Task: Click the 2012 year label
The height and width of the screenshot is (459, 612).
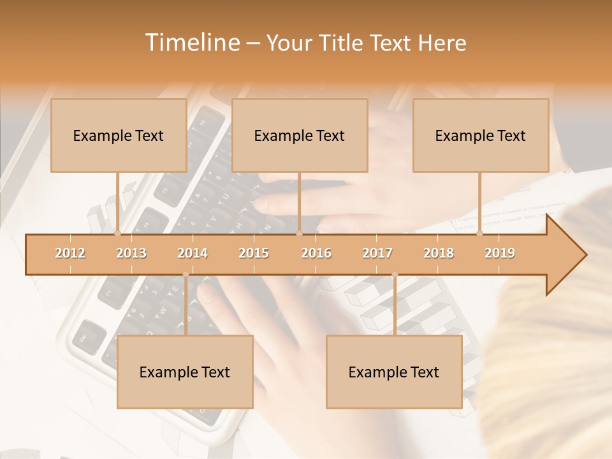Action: [x=70, y=253]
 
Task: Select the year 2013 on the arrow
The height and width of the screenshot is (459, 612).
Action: [x=131, y=253]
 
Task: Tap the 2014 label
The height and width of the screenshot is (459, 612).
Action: [x=193, y=253]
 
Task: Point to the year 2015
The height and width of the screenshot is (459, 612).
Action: [x=254, y=253]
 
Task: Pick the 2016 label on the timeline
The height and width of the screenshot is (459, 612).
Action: [x=316, y=253]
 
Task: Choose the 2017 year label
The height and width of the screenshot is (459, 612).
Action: [x=377, y=253]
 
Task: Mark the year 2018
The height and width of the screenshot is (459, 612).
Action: [x=439, y=253]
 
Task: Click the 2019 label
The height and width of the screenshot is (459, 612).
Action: [x=500, y=253]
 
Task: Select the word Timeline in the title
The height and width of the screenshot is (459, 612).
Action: [x=191, y=43]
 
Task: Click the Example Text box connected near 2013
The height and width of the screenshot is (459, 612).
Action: [x=119, y=135]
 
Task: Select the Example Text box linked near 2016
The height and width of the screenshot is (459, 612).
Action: [x=300, y=135]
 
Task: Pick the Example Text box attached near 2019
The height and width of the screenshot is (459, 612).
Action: [x=481, y=135]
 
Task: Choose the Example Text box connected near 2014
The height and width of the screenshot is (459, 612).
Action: [x=185, y=372]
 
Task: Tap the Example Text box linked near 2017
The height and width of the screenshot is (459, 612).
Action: [x=394, y=372]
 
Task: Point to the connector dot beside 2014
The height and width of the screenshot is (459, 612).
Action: [x=186, y=274]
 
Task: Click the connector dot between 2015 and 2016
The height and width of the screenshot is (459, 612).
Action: [x=299, y=234]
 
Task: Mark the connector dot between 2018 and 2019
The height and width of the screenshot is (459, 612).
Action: [x=480, y=234]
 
